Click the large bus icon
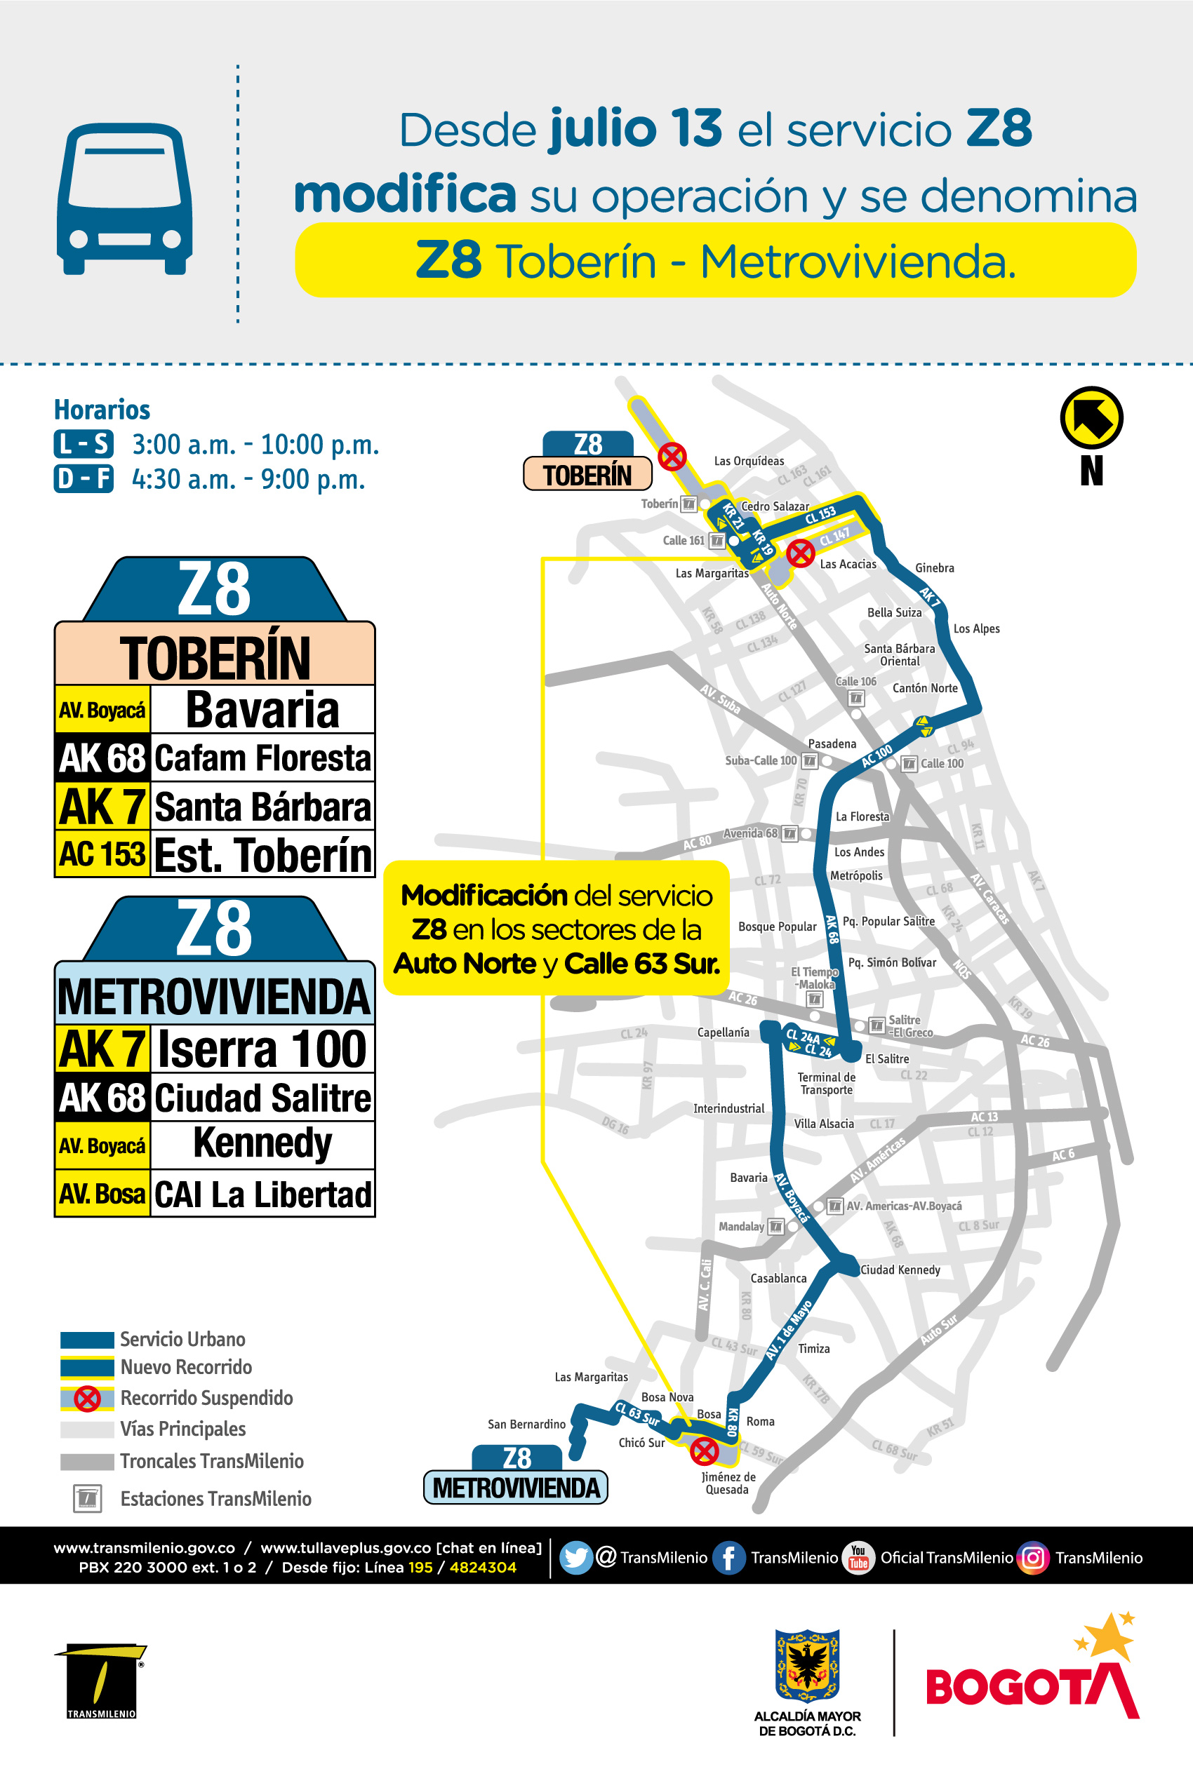click(124, 198)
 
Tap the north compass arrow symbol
click(1091, 417)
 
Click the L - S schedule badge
click(84, 444)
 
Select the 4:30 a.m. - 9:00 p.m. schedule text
click(248, 480)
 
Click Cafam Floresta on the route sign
click(262, 758)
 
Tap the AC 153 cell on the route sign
click(102, 854)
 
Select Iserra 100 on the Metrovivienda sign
click(262, 1049)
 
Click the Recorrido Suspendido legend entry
click(206, 1398)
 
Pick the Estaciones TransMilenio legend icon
click(88, 1498)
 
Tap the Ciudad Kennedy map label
click(900, 1270)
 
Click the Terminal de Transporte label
click(826, 1084)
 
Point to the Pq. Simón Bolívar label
click(892, 962)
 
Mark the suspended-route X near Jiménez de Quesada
click(705, 1451)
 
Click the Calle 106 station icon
click(857, 697)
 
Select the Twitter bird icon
click(576, 1557)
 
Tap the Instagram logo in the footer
click(1033, 1557)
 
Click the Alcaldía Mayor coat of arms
click(807, 1665)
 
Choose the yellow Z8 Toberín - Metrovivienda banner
click(715, 260)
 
